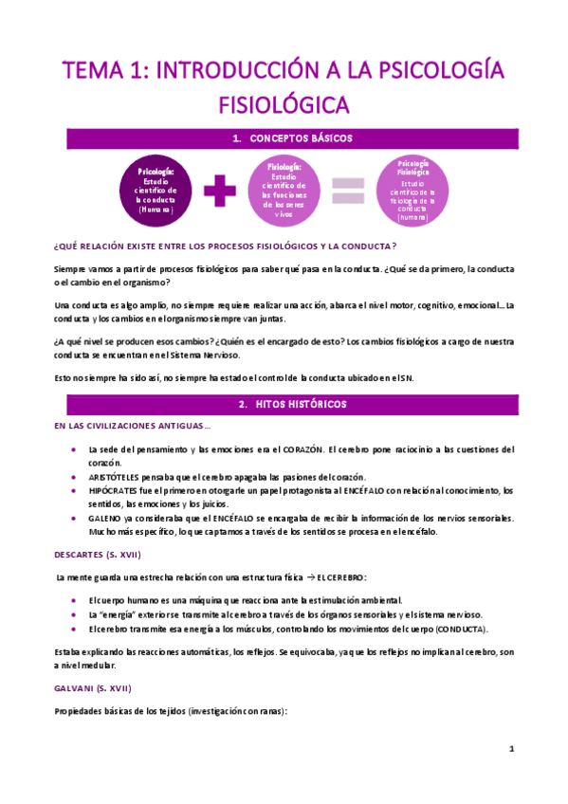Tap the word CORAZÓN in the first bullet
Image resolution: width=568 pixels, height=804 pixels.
(x=304, y=449)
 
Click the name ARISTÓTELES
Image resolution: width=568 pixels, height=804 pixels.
(x=119, y=476)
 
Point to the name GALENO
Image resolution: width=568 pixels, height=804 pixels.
(x=105, y=518)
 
